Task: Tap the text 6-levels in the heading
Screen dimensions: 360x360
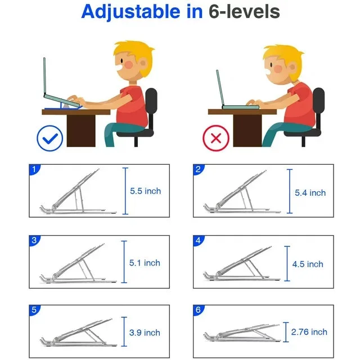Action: point(244,11)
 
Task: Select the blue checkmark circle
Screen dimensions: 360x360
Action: point(50,138)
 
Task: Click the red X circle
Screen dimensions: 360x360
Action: point(216,138)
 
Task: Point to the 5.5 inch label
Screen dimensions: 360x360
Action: point(145,191)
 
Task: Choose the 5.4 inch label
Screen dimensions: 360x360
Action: point(310,192)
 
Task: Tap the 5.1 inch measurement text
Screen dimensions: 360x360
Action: point(145,263)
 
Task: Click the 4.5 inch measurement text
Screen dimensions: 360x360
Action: point(308,264)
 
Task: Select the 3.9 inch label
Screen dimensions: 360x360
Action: point(145,332)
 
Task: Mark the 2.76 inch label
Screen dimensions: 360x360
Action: point(309,332)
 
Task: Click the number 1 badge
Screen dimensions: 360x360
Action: point(34,169)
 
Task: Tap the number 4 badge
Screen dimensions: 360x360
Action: point(198,240)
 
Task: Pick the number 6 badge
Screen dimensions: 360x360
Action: point(198,310)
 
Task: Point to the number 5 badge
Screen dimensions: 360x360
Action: point(34,310)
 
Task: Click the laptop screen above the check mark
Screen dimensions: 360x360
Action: point(44,76)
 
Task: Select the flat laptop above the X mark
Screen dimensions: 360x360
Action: point(240,107)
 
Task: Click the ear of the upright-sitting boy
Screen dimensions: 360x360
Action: point(143,63)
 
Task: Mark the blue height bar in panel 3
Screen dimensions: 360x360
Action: point(124,262)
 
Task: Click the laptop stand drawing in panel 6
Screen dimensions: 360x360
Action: point(242,333)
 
